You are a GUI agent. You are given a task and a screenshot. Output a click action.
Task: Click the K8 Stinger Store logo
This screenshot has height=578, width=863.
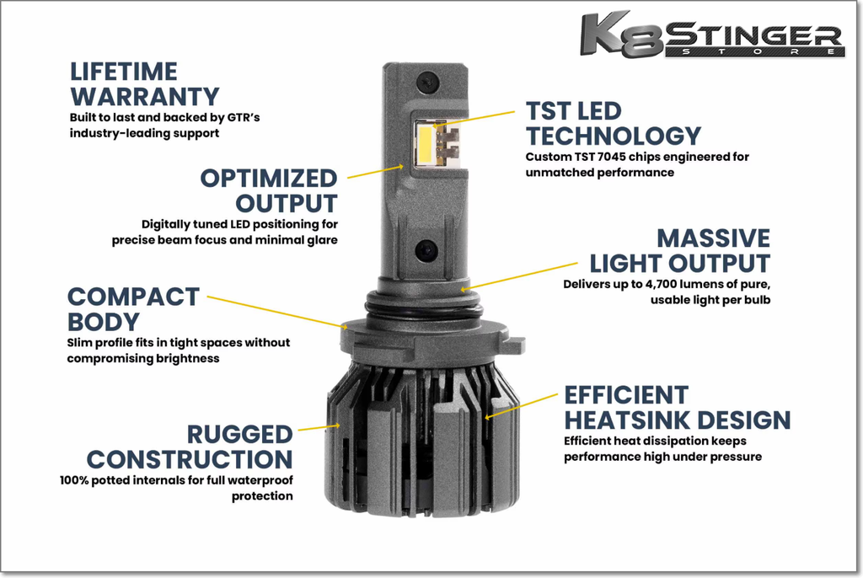coord(713,35)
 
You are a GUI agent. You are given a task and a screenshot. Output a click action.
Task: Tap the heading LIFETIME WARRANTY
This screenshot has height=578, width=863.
coord(145,84)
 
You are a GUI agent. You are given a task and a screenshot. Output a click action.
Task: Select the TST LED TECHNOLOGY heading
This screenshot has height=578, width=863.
coord(614,123)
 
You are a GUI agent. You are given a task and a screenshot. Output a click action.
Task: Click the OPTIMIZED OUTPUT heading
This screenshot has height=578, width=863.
coord(269,191)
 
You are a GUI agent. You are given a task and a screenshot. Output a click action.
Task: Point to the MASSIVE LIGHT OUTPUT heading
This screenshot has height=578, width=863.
coord(680,251)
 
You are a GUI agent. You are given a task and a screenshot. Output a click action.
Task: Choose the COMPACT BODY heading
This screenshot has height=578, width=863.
coord(133,309)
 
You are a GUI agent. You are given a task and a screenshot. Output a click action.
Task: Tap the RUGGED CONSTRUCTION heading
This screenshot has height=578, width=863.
coord(190,447)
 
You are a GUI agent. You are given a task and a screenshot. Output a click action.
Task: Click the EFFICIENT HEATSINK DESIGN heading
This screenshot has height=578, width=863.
coord(678,408)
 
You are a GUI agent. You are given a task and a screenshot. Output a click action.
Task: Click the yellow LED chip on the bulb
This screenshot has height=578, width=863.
coord(426,145)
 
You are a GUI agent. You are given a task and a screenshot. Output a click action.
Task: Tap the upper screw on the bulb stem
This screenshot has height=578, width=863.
coord(427,83)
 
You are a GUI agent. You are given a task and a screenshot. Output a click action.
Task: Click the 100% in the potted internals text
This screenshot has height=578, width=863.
coord(74,480)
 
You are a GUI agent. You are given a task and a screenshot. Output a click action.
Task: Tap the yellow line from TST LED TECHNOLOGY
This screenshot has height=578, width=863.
coord(475,119)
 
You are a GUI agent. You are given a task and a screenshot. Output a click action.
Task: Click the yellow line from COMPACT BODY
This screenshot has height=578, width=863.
coord(277,312)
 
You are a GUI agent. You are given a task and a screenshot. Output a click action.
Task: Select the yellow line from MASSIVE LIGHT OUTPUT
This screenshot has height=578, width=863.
coord(519,276)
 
